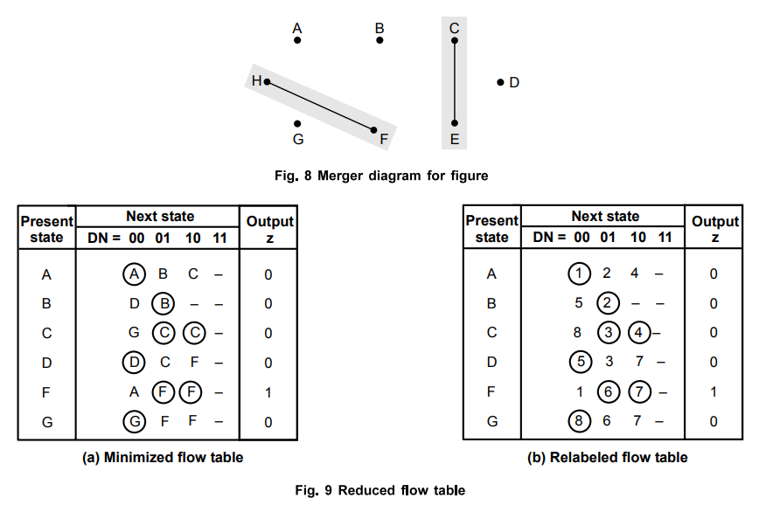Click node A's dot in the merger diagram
[x=297, y=40]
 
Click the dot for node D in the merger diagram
[x=500, y=82]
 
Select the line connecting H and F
[x=321, y=106]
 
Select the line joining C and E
[x=455, y=82]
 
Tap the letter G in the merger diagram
[x=298, y=139]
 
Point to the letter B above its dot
[x=379, y=28]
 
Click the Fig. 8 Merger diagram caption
[x=381, y=176]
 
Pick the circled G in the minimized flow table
[x=135, y=422]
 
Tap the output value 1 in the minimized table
[x=268, y=392]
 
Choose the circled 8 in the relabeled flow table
[x=579, y=422]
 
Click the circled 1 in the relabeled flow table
[x=579, y=274]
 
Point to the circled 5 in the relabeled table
[x=579, y=363]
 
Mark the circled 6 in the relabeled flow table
[x=609, y=392]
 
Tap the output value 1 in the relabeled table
[x=714, y=392]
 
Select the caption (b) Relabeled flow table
[x=606, y=457]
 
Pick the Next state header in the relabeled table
[x=605, y=217]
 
